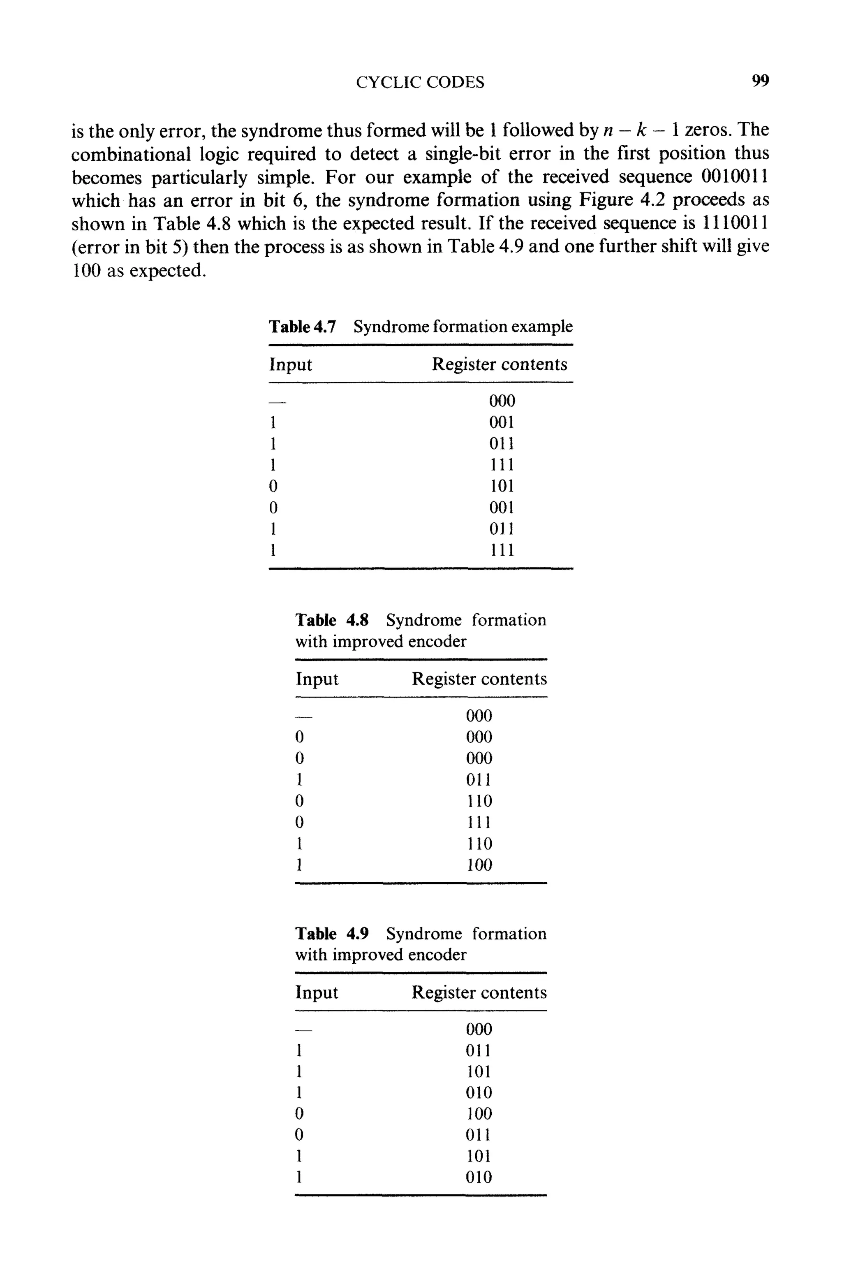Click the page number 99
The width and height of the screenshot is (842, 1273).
(760, 81)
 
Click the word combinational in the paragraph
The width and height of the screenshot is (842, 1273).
(131, 154)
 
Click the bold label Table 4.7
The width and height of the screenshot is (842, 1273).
(302, 327)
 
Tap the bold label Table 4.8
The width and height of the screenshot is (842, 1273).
(332, 620)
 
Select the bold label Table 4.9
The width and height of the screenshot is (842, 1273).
(332, 934)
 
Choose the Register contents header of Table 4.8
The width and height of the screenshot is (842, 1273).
(479, 679)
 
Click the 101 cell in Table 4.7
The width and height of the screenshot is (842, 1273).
(502, 486)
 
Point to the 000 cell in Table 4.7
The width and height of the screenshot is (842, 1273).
(502, 401)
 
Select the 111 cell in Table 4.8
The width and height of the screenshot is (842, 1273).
(479, 822)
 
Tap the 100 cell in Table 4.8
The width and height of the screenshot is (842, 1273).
(479, 865)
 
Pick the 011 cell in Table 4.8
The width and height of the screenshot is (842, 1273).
(479, 779)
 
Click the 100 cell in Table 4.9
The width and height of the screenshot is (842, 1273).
(479, 1114)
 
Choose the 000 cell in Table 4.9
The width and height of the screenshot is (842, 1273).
(479, 1029)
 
